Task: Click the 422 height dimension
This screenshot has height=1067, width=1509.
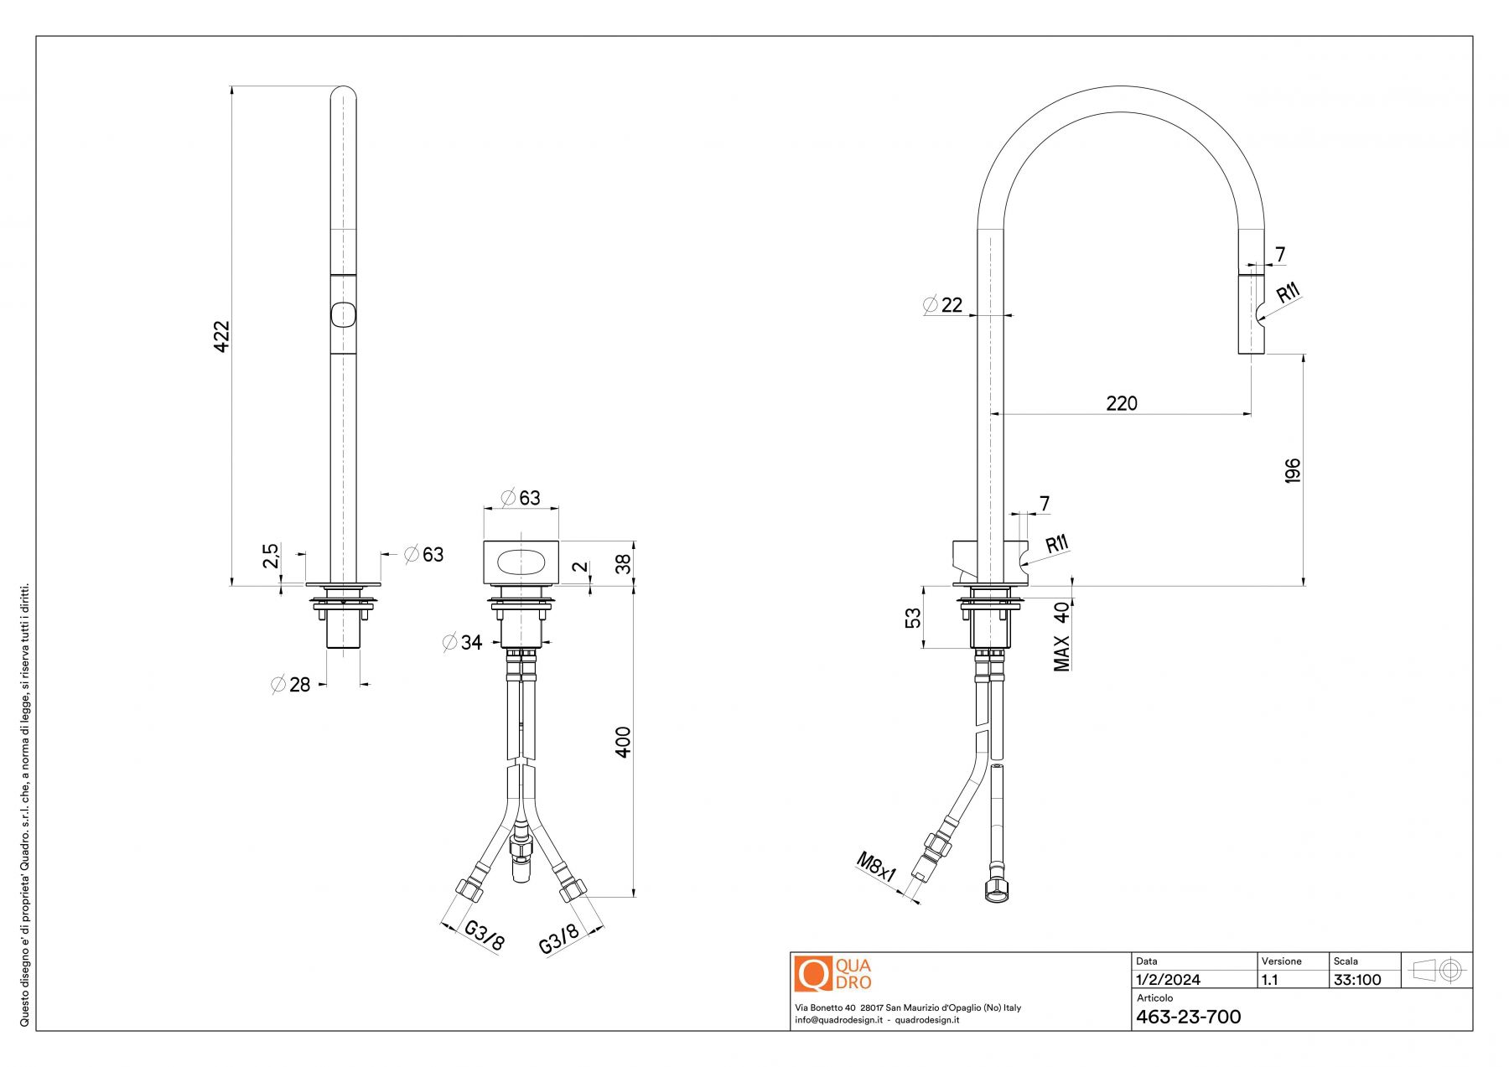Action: click(x=221, y=336)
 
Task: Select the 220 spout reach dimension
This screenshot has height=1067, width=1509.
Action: click(x=1122, y=403)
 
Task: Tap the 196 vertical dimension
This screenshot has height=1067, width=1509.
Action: click(x=1292, y=470)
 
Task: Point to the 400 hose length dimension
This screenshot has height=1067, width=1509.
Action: click(x=623, y=743)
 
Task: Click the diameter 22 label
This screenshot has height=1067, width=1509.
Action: click(x=943, y=305)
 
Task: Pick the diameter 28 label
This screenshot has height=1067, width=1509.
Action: click(x=291, y=685)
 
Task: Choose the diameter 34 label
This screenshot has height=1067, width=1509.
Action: click(x=463, y=643)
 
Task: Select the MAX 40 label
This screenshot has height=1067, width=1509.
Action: click(x=1061, y=636)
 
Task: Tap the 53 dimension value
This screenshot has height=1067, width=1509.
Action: click(x=913, y=618)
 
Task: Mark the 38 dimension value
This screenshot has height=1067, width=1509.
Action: click(x=623, y=563)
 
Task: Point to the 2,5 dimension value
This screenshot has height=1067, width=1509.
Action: click(x=271, y=556)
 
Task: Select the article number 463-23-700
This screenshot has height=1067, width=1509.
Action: click(x=1188, y=1017)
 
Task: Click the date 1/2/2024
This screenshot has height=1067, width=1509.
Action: click(x=1168, y=980)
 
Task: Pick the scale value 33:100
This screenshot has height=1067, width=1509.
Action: click(x=1357, y=980)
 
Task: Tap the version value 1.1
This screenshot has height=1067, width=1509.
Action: click(x=1270, y=980)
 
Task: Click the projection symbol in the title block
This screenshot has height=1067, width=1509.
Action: click(x=1437, y=971)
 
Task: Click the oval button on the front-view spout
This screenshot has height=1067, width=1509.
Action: click(x=344, y=314)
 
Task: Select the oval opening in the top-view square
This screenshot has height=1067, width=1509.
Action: click(x=521, y=563)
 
